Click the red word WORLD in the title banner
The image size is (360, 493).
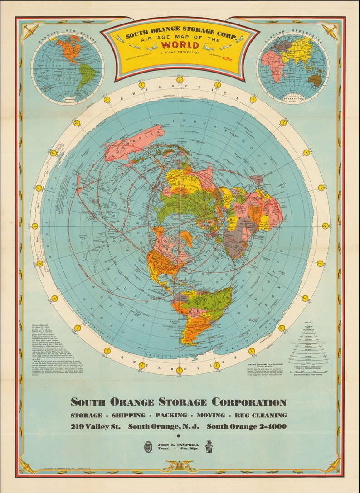pos(180,45)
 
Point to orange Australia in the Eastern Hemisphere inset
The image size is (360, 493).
pos(315,80)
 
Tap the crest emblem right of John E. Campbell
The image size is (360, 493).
pos(209,446)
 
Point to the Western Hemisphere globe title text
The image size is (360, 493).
pos(67,38)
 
